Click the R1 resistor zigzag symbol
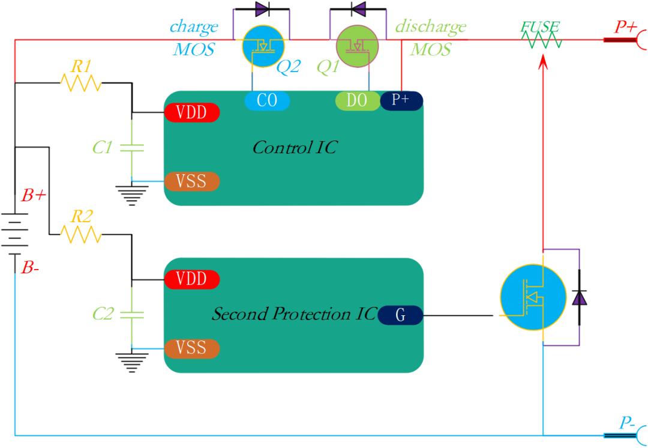coord(81,83)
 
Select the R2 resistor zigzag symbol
coord(81,235)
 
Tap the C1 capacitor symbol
coord(132,148)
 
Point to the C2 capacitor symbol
coord(132,315)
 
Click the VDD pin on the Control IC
coord(192,112)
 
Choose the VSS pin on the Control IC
coord(192,181)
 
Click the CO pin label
coord(267,100)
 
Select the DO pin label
coord(357,100)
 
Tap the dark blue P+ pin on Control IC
coord(401,100)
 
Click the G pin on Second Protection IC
coord(400,315)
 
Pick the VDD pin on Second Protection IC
coord(192,279)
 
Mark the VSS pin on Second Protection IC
coord(192,348)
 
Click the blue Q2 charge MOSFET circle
coord(263,46)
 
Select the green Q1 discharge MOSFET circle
coord(358,46)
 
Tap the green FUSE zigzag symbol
coord(541,40)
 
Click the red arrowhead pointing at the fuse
coord(544,62)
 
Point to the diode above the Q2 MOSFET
coord(262,8)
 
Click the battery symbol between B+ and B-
coord(15,234)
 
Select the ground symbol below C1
coord(132,196)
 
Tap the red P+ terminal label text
coord(625,27)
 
